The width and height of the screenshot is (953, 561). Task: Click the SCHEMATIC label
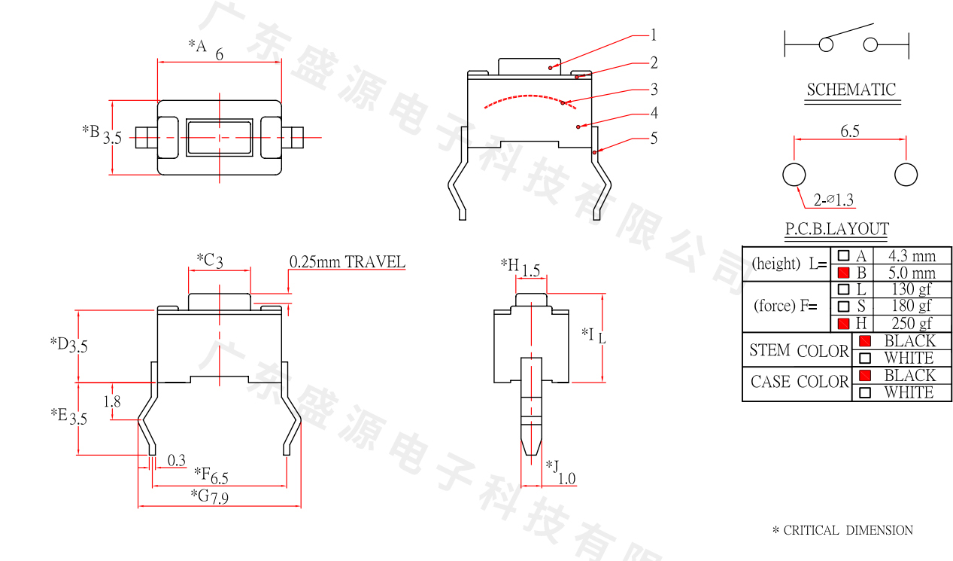(851, 90)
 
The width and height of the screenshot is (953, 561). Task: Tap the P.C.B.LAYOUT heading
(836, 229)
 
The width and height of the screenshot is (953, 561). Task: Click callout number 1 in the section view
(654, 35)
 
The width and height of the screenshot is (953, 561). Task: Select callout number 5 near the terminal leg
(654, 138)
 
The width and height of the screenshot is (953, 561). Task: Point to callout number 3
(654, 90)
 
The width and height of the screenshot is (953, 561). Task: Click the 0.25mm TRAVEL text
(347, 262)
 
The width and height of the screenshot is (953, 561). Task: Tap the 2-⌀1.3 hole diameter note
(834, 200)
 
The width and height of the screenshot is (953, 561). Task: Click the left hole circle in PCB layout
(794, 175)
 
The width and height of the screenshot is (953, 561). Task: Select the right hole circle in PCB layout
(906, 175)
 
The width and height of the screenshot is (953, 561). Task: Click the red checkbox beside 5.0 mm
(843, 273)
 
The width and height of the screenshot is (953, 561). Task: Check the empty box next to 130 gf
(843, 289)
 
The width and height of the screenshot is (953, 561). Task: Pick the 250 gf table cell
(912, 324)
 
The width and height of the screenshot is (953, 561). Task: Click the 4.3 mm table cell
(912, 256)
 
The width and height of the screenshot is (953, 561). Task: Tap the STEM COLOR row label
(799, 351)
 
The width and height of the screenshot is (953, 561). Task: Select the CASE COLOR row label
(799, 383)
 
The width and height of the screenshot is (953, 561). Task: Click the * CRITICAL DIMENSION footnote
(842, 530)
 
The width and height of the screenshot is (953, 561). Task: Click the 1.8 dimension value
(112, 401)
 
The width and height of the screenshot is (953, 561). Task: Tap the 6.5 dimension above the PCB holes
(850, 131)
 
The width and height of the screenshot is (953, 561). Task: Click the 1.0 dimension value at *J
(566, 478)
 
